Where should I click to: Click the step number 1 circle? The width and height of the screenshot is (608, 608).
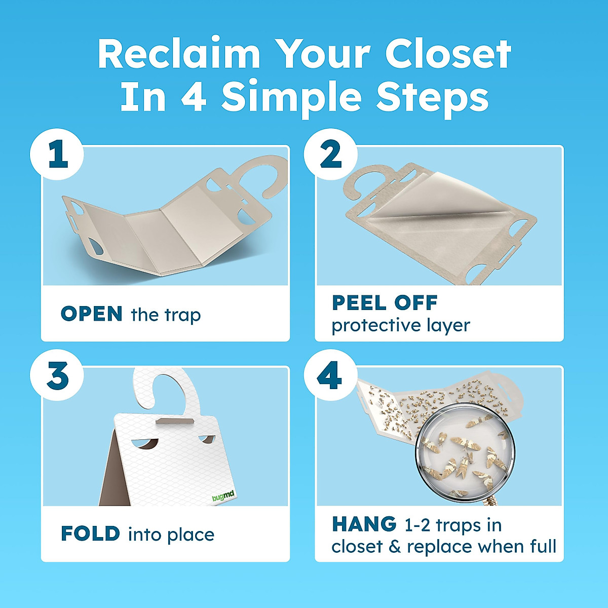point(57,155)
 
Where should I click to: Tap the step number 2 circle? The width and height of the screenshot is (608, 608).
point(330,155)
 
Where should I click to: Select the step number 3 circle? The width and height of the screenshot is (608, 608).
point(57,376)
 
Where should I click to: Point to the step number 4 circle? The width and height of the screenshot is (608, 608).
point(330,376)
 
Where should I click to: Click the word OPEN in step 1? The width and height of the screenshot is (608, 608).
point(91,314)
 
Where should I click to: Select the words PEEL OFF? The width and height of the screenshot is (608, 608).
point(385,303)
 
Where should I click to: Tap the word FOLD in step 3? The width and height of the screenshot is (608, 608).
point(90,534)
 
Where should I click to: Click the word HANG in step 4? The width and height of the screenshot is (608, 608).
point(364,524)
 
